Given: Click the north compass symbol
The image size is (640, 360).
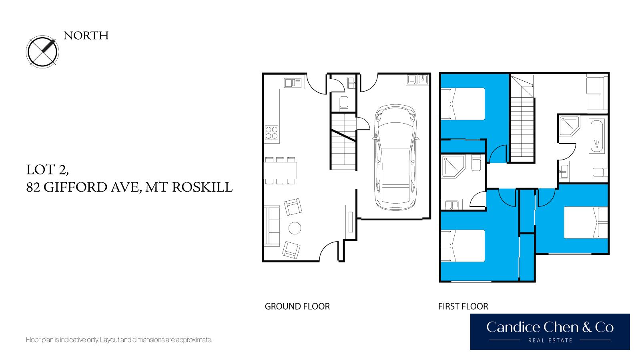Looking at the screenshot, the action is [x=42, y=52].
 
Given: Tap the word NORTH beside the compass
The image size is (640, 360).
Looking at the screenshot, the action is [x=86, y=36].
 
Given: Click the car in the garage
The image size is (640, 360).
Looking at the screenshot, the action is [x=395, y=157].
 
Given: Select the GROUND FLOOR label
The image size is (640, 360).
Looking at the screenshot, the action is [x=297, y=306].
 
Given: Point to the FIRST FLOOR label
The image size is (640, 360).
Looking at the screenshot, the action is [x=463, y=306].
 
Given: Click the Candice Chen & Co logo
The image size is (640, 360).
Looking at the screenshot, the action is [x=550, y=332].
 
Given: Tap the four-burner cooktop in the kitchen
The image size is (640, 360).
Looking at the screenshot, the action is [x=271, y=133].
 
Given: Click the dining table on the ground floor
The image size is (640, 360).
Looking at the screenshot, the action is [x=280, y=170].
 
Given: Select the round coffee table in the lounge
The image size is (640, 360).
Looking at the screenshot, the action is [x=295, y=228].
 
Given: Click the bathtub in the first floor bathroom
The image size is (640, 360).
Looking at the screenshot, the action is [x=596, y=136].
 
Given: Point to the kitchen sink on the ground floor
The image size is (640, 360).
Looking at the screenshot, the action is [x=293, y=83].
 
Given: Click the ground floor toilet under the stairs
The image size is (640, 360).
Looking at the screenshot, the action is [x=344, y=103].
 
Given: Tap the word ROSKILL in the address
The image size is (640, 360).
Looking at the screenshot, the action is [x=202, y=187].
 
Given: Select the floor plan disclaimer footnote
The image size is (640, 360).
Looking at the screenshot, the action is [x=119, y=340].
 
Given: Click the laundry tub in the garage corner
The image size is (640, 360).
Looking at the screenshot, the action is [x=417, y=80].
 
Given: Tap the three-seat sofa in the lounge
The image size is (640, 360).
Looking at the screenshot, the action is [x=272, y=226].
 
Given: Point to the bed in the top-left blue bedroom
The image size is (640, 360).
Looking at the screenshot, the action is [x=463, y=104].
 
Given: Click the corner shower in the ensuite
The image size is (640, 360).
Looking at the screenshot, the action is [x=453, y=166].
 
